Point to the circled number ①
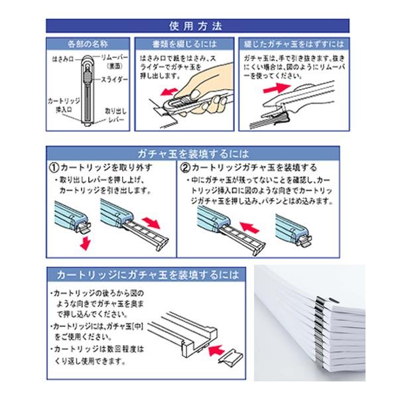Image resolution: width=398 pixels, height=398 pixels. (x=54, y=166)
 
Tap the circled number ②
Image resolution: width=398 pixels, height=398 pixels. (x=186, y=166)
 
